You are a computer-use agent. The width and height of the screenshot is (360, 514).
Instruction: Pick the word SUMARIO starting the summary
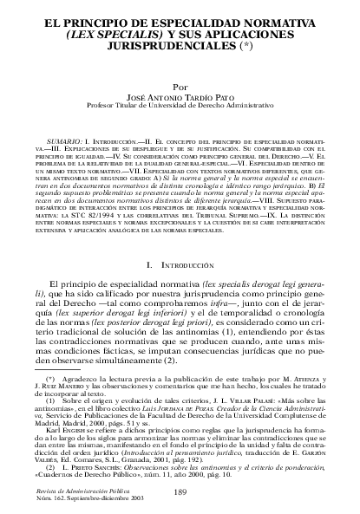pos(63,127)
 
